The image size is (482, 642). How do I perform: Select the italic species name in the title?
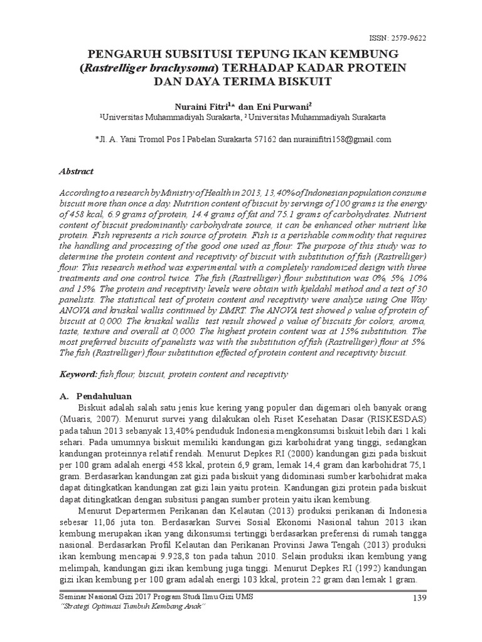[x=154, y=67]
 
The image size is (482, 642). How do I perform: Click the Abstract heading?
[x=75, y=171]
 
